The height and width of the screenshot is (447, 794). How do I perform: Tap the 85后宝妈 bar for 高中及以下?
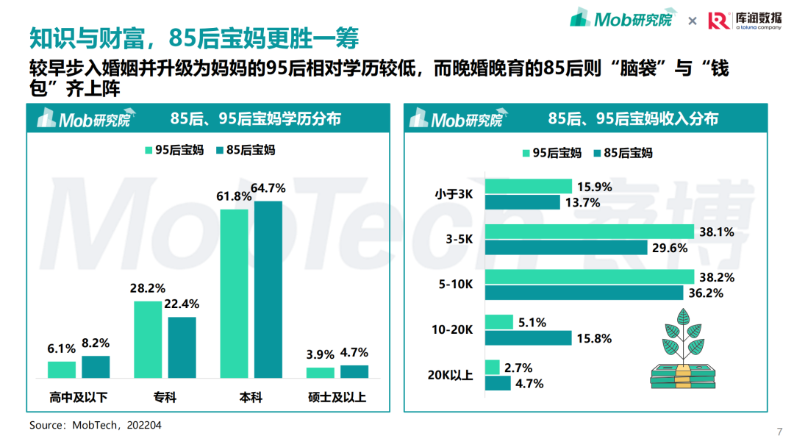[96, 367]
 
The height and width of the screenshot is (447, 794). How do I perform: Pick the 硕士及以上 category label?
[337, 398]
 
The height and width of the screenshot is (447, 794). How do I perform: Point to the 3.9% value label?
[320, 354]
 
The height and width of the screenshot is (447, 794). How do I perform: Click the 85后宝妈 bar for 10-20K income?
[528, 338]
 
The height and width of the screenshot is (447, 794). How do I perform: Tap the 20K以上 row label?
[451, 376]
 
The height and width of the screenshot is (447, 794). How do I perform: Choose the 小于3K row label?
[454, 195]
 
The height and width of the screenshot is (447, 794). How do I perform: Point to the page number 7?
[779, 431]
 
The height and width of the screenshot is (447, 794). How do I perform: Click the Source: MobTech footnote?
[96, 425]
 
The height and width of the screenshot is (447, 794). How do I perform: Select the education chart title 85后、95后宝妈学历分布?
[256, 118]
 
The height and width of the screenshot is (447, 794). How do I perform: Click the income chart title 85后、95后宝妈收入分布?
[633, 118]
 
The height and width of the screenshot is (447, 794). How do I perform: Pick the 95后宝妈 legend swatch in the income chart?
[526, 153]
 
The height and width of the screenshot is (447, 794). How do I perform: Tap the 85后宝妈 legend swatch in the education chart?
[220, 150]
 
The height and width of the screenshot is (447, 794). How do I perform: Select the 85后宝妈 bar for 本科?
[268, 289]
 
